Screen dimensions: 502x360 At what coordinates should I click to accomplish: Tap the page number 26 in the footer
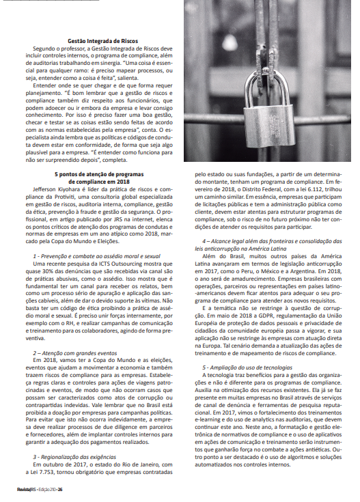[60, 490]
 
